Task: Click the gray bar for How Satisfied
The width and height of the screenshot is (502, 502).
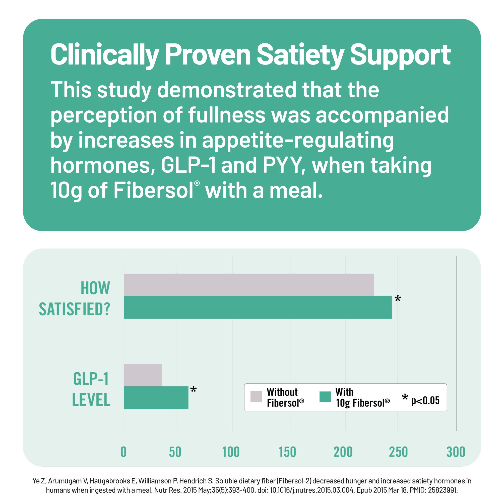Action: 249,285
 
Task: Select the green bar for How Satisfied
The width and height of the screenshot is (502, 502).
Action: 258,307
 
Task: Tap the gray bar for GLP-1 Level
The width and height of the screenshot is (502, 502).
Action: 143,375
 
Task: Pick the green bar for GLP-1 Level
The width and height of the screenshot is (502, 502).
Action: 156,398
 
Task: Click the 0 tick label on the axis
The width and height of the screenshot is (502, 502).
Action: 123,452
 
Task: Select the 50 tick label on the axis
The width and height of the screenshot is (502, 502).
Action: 175,452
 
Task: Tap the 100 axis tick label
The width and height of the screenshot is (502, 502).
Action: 231,452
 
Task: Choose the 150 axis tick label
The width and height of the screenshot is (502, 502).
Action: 287,452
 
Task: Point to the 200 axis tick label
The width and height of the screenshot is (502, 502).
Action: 343,452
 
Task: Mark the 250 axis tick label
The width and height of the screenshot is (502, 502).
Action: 398,452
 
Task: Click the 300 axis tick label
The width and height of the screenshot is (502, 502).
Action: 456,452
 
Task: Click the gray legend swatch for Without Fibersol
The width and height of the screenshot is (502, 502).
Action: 256,397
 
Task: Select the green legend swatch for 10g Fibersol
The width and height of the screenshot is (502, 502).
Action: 325,397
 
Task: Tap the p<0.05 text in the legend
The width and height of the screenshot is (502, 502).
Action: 425,400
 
